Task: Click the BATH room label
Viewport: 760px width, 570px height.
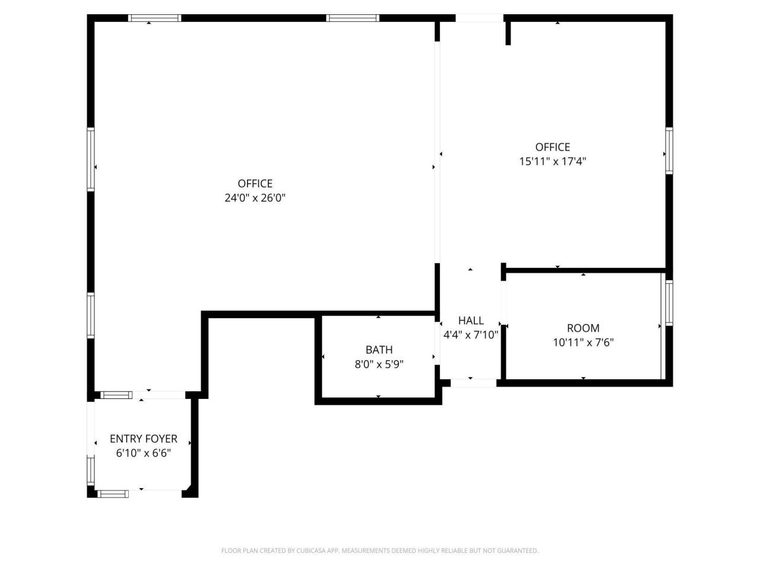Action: click(x=379, y=350)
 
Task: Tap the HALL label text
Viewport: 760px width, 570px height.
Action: click(x=470, y=321)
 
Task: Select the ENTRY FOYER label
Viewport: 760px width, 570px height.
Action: click(x=143, y=439)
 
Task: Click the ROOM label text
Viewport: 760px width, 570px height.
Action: click(x=583, y=328)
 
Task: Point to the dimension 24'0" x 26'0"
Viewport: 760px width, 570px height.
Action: click(x=255, y=198)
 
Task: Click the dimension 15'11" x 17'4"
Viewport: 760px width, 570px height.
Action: click(x=553, y=161)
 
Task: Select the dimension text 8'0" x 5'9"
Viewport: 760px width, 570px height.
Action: click(x=379, y=365)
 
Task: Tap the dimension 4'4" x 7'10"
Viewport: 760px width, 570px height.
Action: click(x=470, y=335)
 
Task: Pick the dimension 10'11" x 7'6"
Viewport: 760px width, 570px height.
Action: click(x=583, y=343)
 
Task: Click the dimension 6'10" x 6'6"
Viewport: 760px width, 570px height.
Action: click(x=143, y=453)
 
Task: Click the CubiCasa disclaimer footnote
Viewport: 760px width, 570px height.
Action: click(x=380, y=550)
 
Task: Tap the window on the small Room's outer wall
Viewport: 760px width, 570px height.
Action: click(x=669, y=303)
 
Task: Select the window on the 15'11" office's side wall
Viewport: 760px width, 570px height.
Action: click(x=669, y=151)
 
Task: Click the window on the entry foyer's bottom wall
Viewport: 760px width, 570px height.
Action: click(x=113, y=494)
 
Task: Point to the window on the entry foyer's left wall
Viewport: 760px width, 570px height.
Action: click(x=90, y=471)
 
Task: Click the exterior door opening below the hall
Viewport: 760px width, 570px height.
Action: click(x=473, y=383)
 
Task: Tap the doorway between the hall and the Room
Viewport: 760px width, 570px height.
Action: click(x=503, y=303)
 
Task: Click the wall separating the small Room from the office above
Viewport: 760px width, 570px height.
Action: click(x=586, y=270)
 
